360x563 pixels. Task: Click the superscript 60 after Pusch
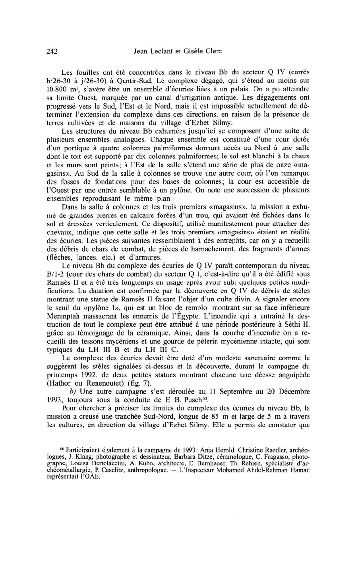coord(204,397)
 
